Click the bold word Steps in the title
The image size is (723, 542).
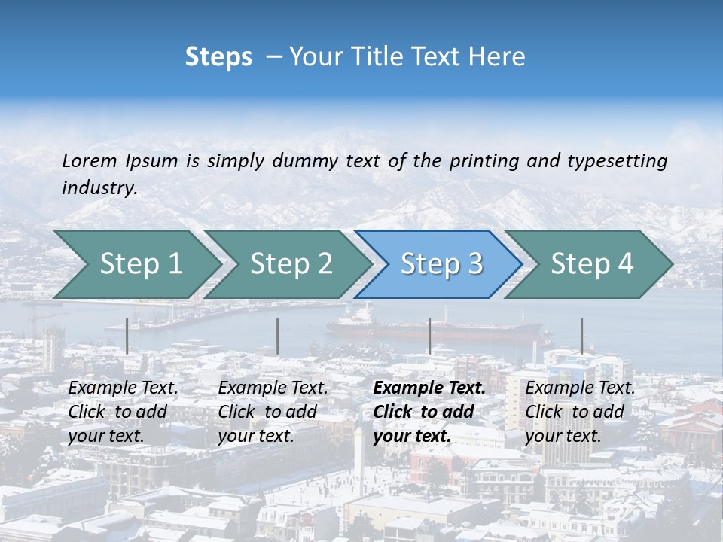[x=218, y=57]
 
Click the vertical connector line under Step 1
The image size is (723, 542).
[x=127, y=336]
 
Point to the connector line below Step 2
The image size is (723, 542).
[x=277, y=336]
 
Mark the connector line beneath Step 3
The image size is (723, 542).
[x=429, y=336]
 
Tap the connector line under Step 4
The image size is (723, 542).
[x=581, y=336]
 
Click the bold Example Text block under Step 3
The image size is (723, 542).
[x=428, y=412]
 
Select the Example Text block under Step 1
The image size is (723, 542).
[x=123, y=412]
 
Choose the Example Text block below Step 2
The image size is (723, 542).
[x=273, y=412]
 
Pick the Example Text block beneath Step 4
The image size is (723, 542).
[x=579, y=412]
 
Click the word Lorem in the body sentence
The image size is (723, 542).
[x=89, y=160]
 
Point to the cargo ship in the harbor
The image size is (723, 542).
[x=437, y=327]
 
